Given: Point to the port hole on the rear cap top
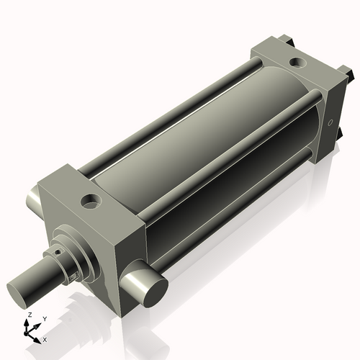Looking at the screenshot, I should coord(297,63).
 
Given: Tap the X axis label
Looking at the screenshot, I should coord(45,338).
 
